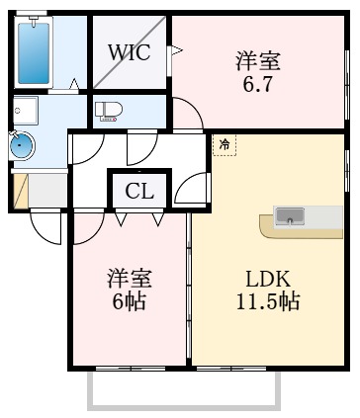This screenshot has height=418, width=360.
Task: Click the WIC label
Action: coord(129,52)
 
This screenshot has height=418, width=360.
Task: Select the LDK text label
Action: coord(267,279)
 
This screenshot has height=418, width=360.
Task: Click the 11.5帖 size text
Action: coord(268,301)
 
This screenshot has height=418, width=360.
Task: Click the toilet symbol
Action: coord(107,112)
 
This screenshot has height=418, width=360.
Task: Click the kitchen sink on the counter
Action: coord(290,216)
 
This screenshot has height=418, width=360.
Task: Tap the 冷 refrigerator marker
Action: coord(224,145)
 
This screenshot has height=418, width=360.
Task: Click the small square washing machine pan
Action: coord(24,108)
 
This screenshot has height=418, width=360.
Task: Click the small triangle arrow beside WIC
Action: coord(176,48)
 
